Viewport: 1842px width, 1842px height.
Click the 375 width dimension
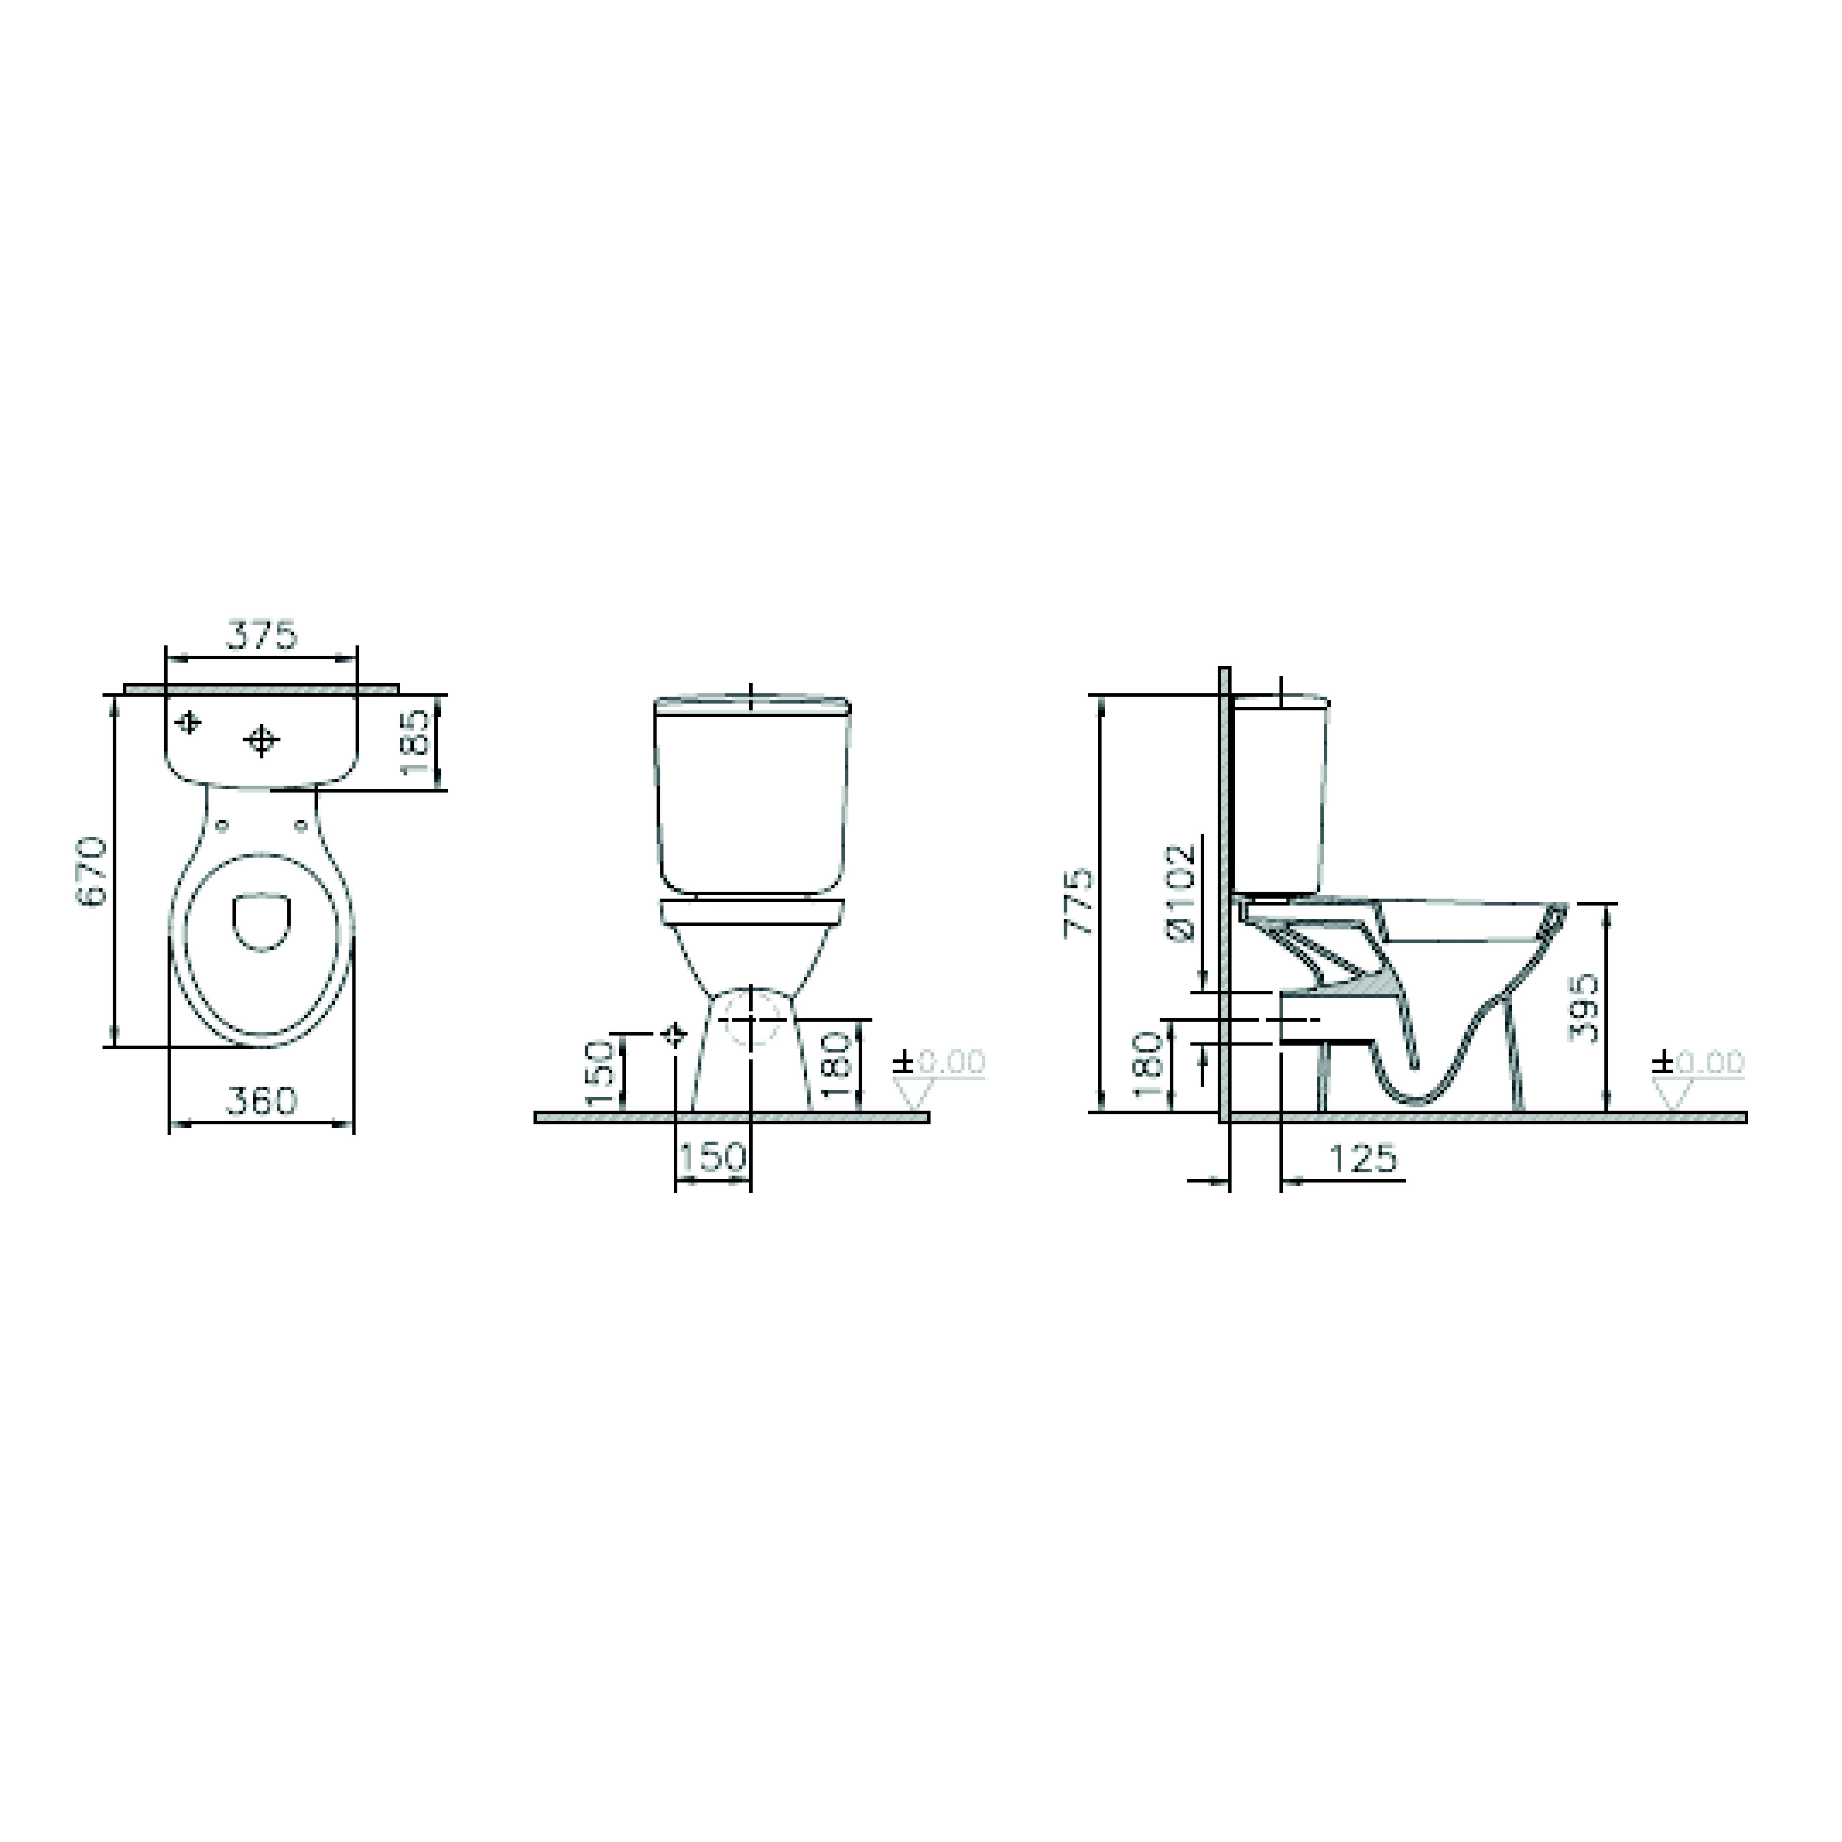pos(261,636)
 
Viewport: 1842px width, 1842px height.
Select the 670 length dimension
pos(92,871)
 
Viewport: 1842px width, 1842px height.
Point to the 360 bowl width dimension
pos(261,1101)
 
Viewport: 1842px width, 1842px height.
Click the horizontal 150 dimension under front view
pos(712,1158)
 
